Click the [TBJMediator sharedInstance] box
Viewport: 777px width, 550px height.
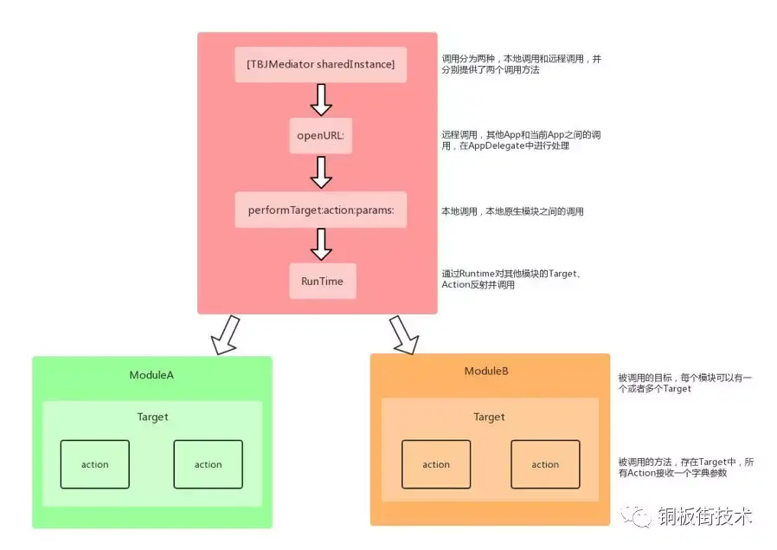click(x=320, y=65)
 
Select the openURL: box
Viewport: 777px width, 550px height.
click(x=321, y=136)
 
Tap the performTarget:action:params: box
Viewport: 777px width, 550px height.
click(x=320, y=210)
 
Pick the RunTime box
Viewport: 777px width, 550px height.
click(x=322, y=281)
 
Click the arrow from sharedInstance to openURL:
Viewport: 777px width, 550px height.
click(x=321, y=100)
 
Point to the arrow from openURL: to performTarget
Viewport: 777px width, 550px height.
click(x=321, y=172)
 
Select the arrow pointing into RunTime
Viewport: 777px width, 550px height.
click(x=321, y=244)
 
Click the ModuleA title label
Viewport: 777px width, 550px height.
click(x=152, y=374)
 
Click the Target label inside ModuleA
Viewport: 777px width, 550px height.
click(x=152, y=417)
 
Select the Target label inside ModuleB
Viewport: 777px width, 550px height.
click(x=489, y=417)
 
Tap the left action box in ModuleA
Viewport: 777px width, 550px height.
click(x=95, y=464)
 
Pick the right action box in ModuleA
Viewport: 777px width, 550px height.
click(x=208, y=464)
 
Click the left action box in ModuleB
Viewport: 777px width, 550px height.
click(x=436, y=464)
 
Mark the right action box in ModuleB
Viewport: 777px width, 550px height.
click(x=545, y=464)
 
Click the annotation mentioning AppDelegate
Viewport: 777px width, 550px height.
click(x=521, y=141)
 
